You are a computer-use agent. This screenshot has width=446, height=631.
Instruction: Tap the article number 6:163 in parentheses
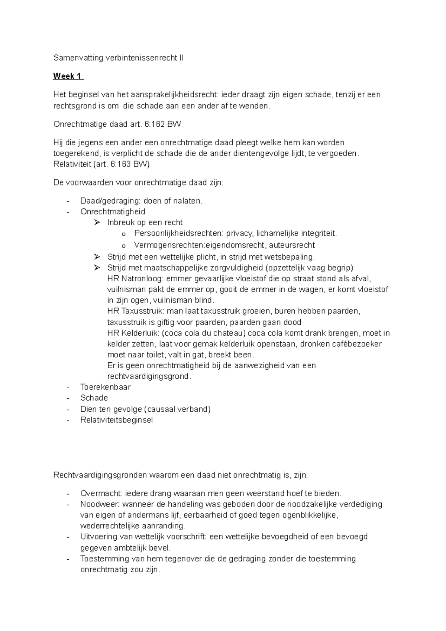pyautogui.click(x=121, y=164)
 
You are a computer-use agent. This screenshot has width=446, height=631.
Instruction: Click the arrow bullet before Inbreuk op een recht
pyautogui.click(x=97, y=223)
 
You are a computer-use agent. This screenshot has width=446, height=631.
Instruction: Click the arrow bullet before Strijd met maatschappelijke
pyautogui.click(x=97, y=268)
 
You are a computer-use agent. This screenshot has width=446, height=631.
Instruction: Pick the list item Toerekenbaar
pyautogui.click(x=105, y=387)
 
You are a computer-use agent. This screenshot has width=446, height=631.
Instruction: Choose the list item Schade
pyautogui.click(x=94, y=398)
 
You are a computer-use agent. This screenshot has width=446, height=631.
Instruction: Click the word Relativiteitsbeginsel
pyautogui.click(x=116, y=420)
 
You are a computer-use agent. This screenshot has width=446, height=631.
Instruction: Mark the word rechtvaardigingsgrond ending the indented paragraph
pyautogui.click(x=148, y=376)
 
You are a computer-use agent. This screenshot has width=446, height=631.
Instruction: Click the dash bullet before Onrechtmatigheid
pyautogui.click(x=68, y=212)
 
